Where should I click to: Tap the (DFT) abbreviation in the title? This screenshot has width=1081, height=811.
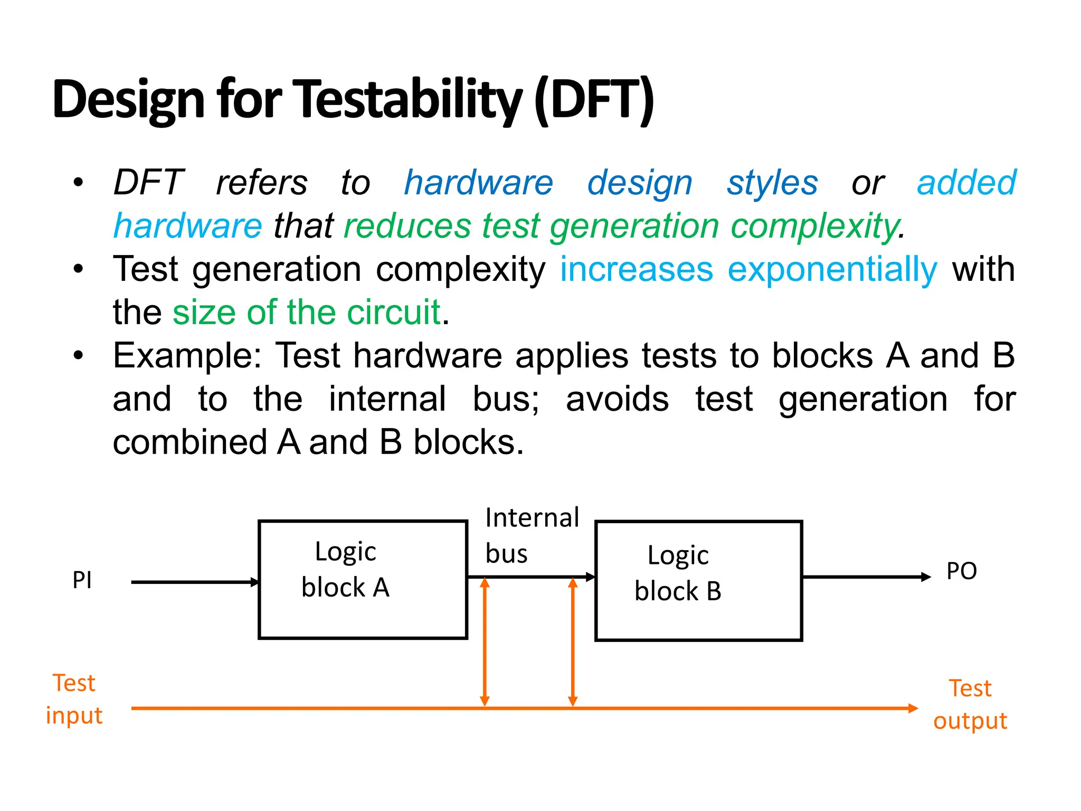[x=594, y=99]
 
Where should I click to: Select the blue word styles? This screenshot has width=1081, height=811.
[x=772, y=183]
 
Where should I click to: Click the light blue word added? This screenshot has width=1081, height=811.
[x=966, y=183]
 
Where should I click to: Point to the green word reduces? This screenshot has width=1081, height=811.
[x=407, y=226]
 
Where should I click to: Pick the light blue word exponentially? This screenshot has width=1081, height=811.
[x=832, y=269]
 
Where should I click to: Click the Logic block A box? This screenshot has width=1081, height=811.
[x=363, y=580]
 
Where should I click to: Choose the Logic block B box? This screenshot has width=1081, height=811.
[x=698, y=581]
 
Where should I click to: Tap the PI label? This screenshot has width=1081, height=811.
[x=82, y=580]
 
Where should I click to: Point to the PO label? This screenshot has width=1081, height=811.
[x=961, y=571]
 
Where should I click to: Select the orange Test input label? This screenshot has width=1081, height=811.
[x=74, y=699]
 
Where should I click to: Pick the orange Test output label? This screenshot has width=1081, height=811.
[x=970, y=704]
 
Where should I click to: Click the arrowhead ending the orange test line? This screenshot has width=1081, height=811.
[x=913, y=709]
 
